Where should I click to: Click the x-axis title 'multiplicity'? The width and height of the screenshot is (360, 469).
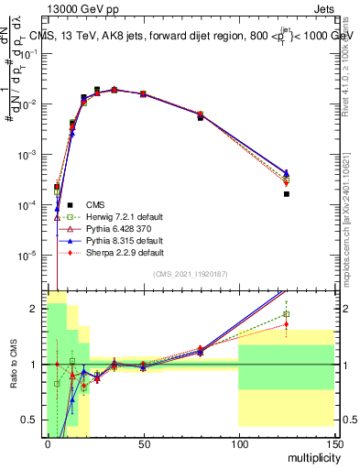311,455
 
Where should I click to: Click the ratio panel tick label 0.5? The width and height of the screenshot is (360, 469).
30,420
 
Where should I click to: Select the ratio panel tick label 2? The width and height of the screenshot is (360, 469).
36,309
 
